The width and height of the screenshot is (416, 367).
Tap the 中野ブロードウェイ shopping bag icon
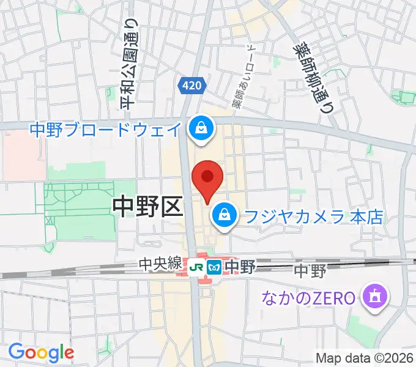click(199, 128)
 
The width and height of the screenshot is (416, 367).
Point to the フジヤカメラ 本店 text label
click(313, 216)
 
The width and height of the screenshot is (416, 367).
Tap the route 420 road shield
click(191, 86)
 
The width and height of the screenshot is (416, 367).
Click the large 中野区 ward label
click(149, 207)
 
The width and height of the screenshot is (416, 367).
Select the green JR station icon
click(197, 267)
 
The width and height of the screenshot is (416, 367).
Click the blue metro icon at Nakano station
click(214, 267)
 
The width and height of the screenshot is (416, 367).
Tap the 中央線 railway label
click(161, 264)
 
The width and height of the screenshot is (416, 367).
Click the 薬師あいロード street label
click(242, 78)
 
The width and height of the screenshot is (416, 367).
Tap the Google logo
click(41, 352)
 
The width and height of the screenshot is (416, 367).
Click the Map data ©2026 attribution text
click(365, 357)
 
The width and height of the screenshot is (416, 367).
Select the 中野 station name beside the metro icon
click(236, 267)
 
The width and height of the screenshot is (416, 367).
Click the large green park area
click(80, 205)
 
